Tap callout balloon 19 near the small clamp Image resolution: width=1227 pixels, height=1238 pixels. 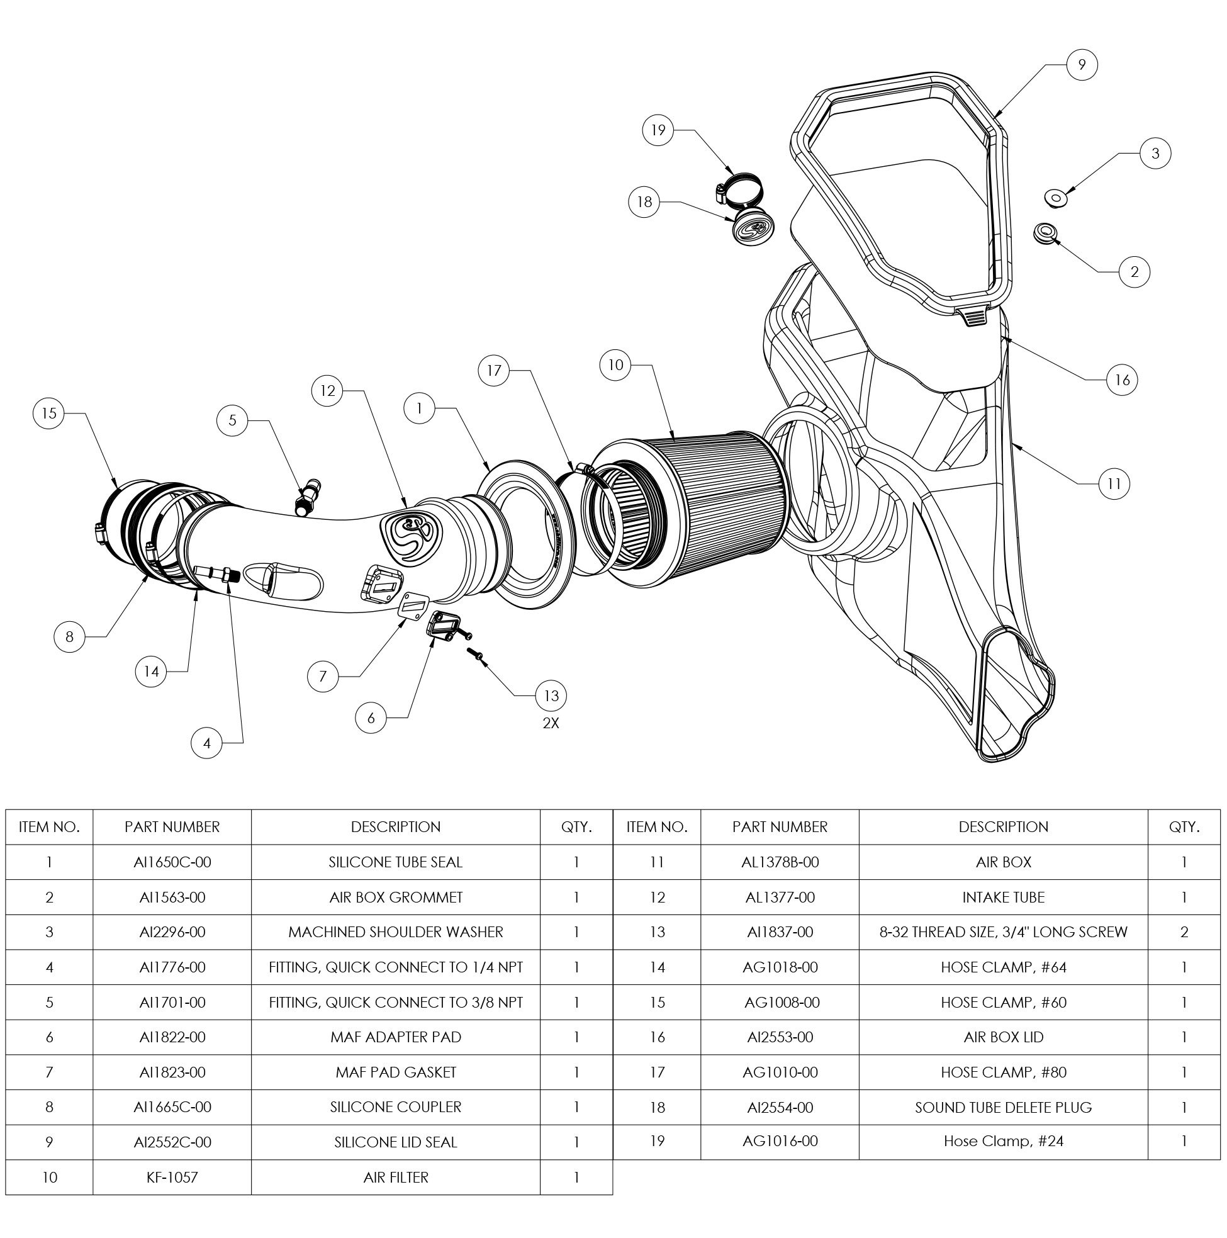tap(658, 130)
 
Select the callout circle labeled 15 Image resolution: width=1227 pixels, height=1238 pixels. tap(49, 414)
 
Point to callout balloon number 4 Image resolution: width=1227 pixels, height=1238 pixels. tap(206, 743)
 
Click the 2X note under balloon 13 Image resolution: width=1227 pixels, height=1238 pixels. tap(551, 723)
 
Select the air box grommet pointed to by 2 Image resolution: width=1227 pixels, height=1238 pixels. tap(1045, 232)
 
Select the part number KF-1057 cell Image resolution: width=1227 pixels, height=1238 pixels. tap(172, 1177)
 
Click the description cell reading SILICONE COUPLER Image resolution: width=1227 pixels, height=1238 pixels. tap(395, 1106)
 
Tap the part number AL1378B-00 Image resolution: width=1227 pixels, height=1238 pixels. tap(780, 862)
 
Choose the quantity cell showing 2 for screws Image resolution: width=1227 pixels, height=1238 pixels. tap(1184, 931)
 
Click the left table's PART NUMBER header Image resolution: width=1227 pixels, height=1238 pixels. tap(172, 826)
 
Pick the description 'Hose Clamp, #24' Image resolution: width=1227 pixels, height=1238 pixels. tap(1003, 1140)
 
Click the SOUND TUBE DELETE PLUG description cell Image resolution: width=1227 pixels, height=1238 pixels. tap(1003, 1106)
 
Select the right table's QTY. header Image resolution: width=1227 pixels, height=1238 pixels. tap(1184, 826)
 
